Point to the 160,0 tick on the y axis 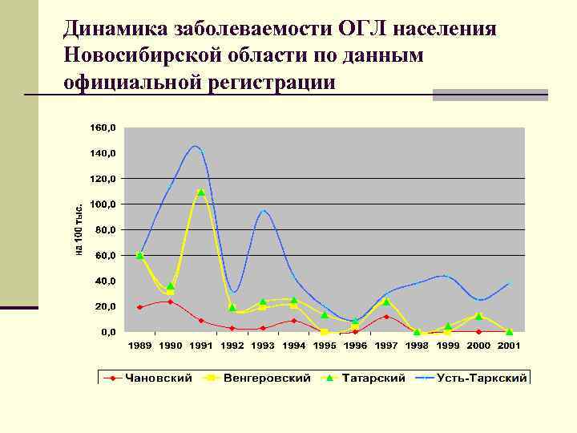point(102,127)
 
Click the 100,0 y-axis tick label point(102,204)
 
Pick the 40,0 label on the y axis point(104,281)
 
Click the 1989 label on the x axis point(139,346)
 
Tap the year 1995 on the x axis point(325,346)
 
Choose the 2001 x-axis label point(509,346)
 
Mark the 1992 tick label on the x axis point(232,346)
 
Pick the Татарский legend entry point(373,378)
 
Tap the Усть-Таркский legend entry point(482,378)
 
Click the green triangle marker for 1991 point(201,192)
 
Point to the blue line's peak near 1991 point(196,146)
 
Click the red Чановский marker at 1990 point(170,302)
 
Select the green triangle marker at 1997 point(386,301)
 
